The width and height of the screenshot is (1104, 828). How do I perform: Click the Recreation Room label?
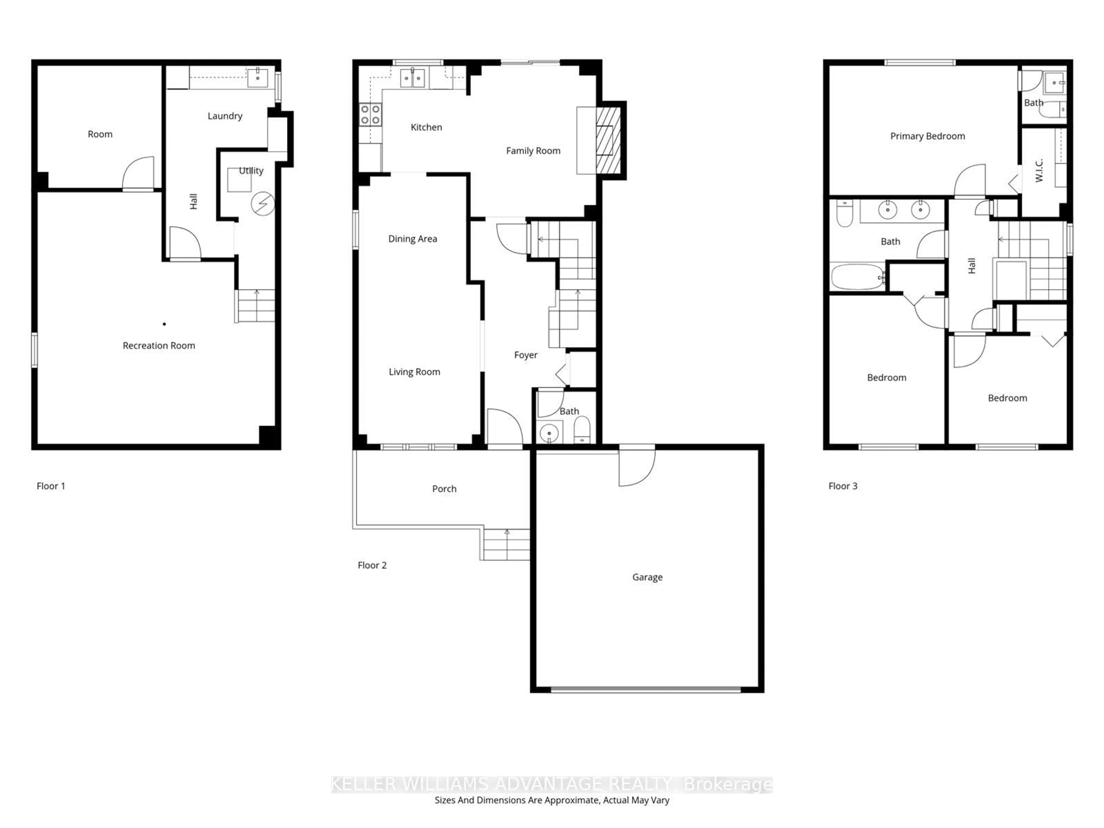[159, 345]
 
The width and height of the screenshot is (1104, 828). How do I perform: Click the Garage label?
[647, 577]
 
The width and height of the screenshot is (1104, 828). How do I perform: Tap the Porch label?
[444, 489]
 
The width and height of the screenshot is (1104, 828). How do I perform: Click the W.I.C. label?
[1039, 170]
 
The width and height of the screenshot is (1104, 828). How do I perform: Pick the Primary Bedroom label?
[927, 136]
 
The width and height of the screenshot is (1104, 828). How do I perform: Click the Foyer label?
[526, 355]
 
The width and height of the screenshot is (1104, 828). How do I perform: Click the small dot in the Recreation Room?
[164, 324]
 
